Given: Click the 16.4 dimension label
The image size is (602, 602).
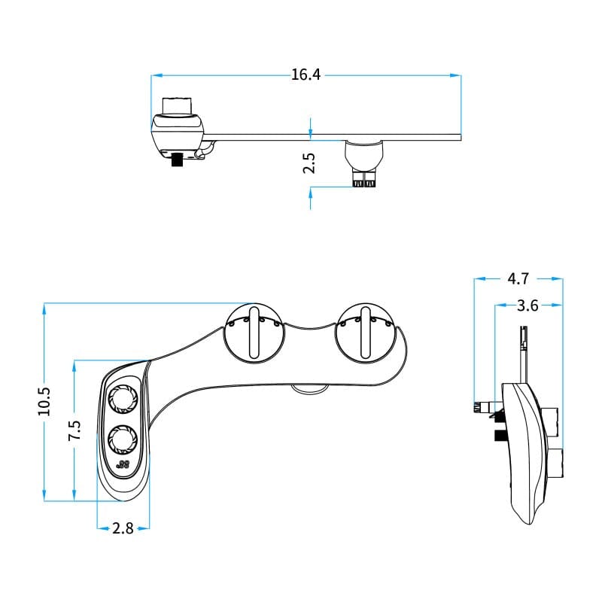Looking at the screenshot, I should point(306,74).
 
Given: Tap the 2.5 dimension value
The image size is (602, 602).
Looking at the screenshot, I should point(309,164).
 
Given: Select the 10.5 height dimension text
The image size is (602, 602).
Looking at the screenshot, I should point(44,401).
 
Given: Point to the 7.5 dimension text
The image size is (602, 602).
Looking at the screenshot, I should point(74,430).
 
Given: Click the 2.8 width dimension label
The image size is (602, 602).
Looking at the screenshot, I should point(123,528).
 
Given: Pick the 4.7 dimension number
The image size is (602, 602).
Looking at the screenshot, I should point(518,278).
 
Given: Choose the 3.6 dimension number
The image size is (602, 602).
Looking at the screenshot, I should point(528,306).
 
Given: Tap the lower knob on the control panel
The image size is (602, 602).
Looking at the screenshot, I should point(121,437).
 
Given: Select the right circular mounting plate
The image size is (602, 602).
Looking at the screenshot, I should point(364,333).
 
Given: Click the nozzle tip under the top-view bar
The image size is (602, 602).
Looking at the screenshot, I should point(365,181).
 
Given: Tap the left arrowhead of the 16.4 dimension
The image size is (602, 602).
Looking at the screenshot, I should point(154,74).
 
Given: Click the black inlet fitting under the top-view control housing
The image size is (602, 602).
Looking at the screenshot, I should point(178,160).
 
